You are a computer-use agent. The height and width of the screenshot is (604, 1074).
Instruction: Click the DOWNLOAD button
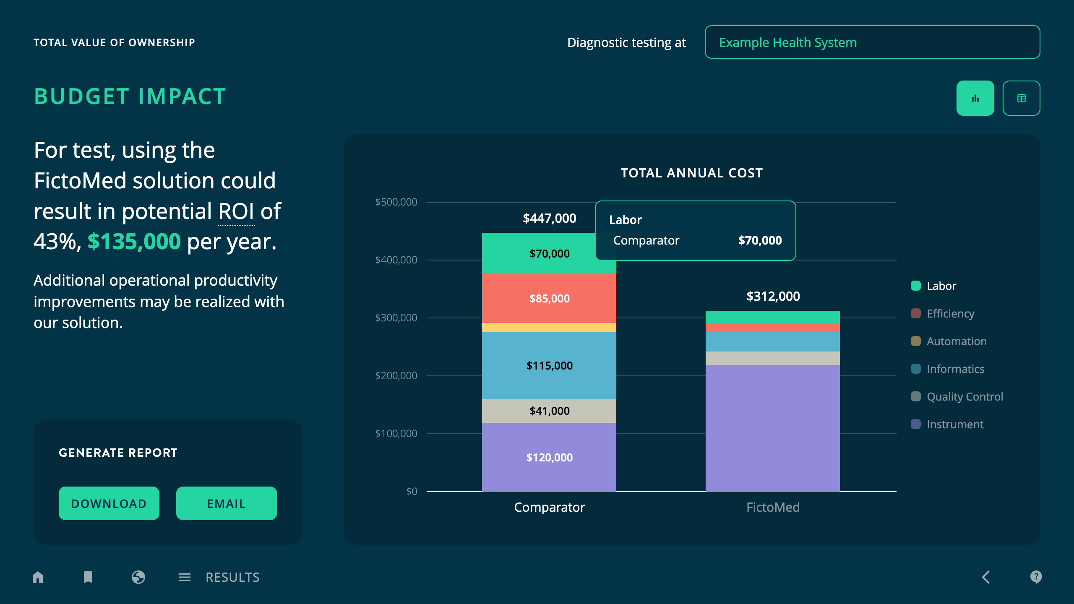click(x=109, y=503)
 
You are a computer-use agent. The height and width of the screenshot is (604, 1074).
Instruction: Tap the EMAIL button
click(x=226, y=503)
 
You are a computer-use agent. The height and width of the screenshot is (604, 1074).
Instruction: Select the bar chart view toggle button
click(x=975, y=98)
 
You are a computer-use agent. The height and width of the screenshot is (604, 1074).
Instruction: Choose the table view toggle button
click(x=1021, y=98)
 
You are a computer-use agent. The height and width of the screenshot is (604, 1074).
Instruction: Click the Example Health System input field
click(x=872, y=42)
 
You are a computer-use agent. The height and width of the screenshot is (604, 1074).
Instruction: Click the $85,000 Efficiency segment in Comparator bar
click(x=549, y=299)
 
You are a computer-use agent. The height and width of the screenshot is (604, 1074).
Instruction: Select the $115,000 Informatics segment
click(x=549, y=365)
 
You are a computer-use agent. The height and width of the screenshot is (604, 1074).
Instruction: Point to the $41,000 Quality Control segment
click(x=549, y=411)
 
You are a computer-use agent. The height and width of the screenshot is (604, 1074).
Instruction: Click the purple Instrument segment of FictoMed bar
click(x=772, y=428)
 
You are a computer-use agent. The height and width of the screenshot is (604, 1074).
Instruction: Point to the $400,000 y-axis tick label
click(x=396, y=260)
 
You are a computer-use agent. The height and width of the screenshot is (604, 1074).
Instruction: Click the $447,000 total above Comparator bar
click(x=549, y=218)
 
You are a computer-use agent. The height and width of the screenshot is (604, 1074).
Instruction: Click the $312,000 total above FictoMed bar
click(x=773, y=297)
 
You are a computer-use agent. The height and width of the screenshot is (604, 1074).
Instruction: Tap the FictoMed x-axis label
click(x=773, y=507)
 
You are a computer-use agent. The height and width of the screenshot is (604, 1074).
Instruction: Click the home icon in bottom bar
click(x=38, y=577)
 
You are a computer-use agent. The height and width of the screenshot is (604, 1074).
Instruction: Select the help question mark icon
click(x=1036, y=577)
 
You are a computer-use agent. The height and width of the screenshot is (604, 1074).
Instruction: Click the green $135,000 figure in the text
click(x=134, y=242)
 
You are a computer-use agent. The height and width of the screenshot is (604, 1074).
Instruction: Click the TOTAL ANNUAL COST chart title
click(x=691, y=173)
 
